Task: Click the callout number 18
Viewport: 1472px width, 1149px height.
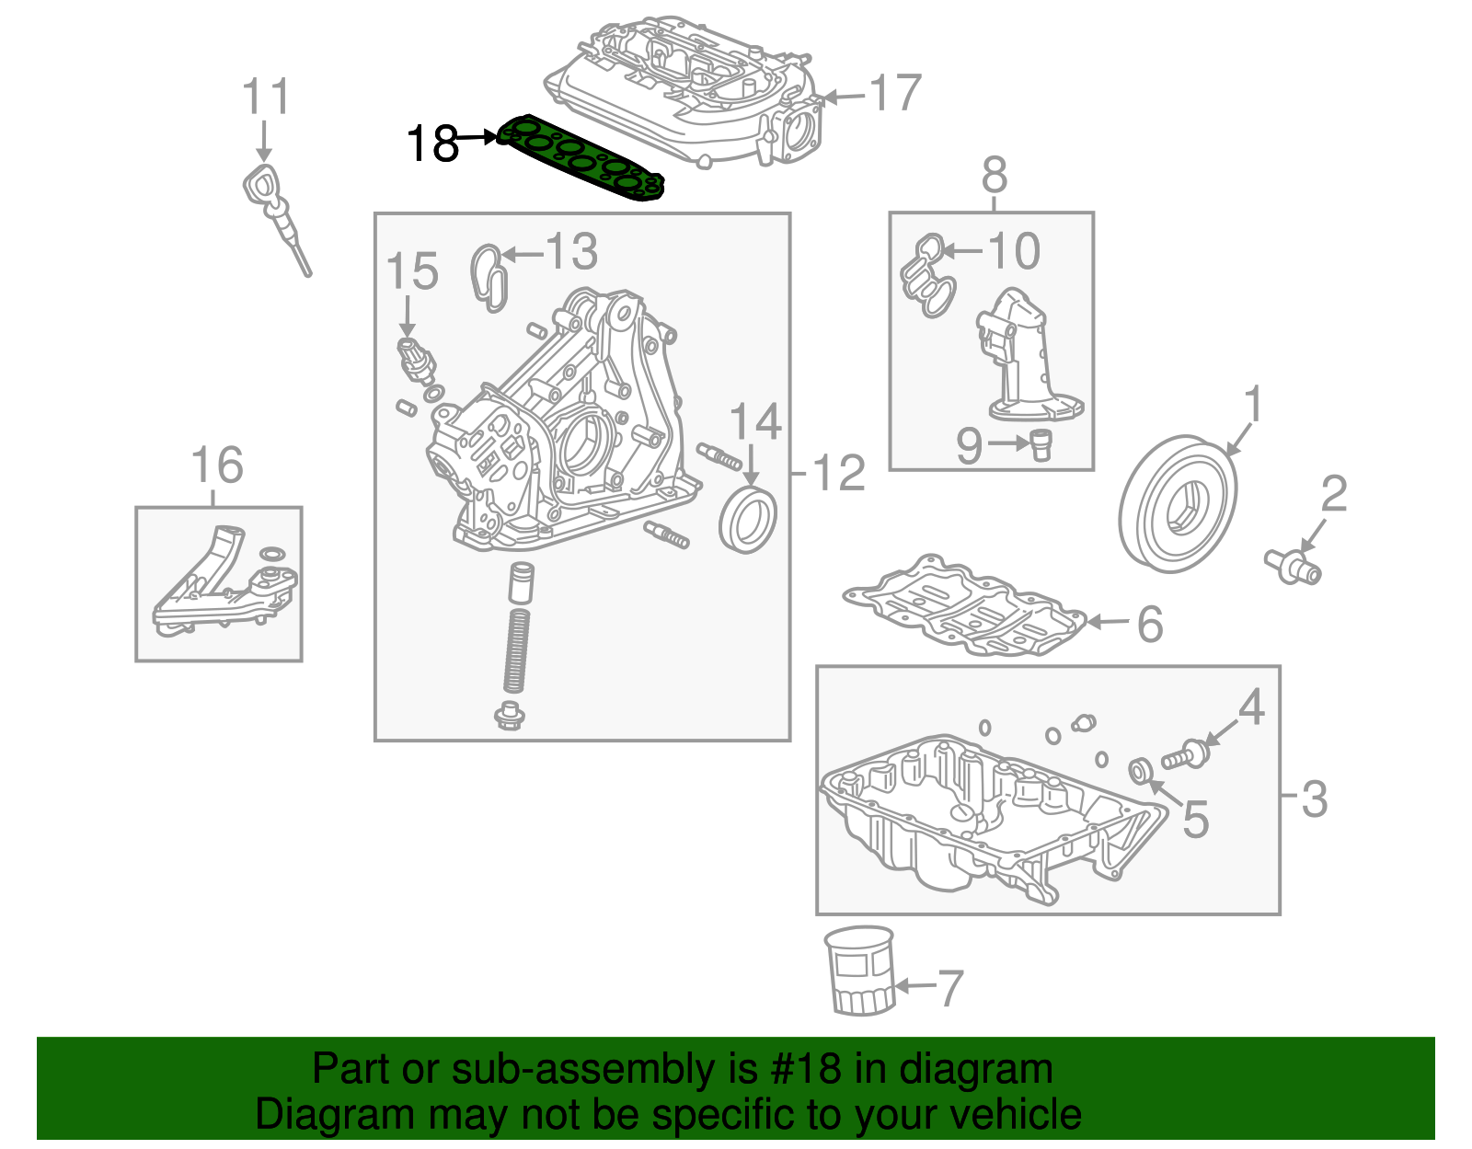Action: pyautogui.click(x=432, y=144)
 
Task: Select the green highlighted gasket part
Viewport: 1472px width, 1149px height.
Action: pyautogui.click(x=580, y=157)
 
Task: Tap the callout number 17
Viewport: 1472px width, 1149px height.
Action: pyautogui.click(x=894, y=93)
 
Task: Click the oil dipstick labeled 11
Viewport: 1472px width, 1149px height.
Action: pyautogui.click(x=276, y=212)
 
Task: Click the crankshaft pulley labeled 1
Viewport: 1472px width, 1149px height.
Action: pyautogui.click(x=1178, y=507)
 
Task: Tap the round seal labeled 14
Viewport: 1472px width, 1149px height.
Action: pyautogui.click(x=746, y=521)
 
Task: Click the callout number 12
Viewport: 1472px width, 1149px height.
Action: pyautogui.click(x=839, y=473)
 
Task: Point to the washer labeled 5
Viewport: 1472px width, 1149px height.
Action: pyautogui.click(x=1139, y=769)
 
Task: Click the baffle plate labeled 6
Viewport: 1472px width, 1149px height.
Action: pyautogui.click(x=966, y=607)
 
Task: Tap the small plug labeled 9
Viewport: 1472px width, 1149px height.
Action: pyautogui.click(x=1041, y=444)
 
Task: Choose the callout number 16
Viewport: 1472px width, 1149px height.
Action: pyautogui.click(x=217, y=465)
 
